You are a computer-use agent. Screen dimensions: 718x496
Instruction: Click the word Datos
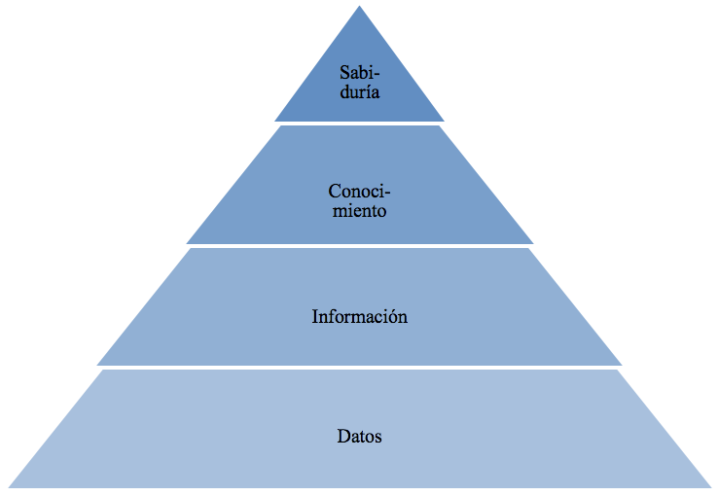pyautogui.click(x=359, y=436)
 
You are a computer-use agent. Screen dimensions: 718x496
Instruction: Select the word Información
pyautogui.click(x=359, y=316)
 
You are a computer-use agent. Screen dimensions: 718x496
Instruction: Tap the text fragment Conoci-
pyautogui.click(x=359, y=191)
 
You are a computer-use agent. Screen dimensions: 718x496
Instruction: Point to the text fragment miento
pyautogui.click(x=359, y=211)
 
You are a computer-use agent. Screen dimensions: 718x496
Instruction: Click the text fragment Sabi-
pyautogui.click(x=360, y=72)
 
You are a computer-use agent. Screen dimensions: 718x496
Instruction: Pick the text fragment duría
pyautogui.click(x=360, y=91)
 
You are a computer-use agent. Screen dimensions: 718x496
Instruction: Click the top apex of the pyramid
pyautogui.click(x=359, y=6)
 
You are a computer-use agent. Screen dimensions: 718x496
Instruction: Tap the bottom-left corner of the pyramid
pyautogui.click(x=9, y=487)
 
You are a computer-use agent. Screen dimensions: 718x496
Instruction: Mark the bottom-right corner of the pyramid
pyautogui.click(x=710, y=487)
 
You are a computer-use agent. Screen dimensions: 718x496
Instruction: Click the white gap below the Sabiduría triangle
pyautogui.click(x=359, y=124)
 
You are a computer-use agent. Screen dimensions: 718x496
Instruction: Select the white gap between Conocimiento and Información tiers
pyautogui.click(x=359, y=246)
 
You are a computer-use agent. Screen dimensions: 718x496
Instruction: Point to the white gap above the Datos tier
pyautogui.click(x=359, y=368)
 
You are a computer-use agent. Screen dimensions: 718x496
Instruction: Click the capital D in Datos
pyautogui.click(x=343, y=436)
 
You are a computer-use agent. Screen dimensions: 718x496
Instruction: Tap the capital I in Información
pyautogui.click(x=315, y=316)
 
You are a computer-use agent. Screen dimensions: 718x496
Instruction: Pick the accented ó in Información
pyautogui.click(x=390, y=316)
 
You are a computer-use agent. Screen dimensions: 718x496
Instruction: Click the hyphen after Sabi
pyautogui.click(x=377, y=75)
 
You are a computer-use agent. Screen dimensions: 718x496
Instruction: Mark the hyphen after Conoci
pyautogui.click(x=387, y=194)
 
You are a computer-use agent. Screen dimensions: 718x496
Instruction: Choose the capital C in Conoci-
pyautogui.click(x=335, y=191)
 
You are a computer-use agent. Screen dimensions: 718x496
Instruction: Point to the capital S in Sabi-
pyautogui.click(x=344, y=72)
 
